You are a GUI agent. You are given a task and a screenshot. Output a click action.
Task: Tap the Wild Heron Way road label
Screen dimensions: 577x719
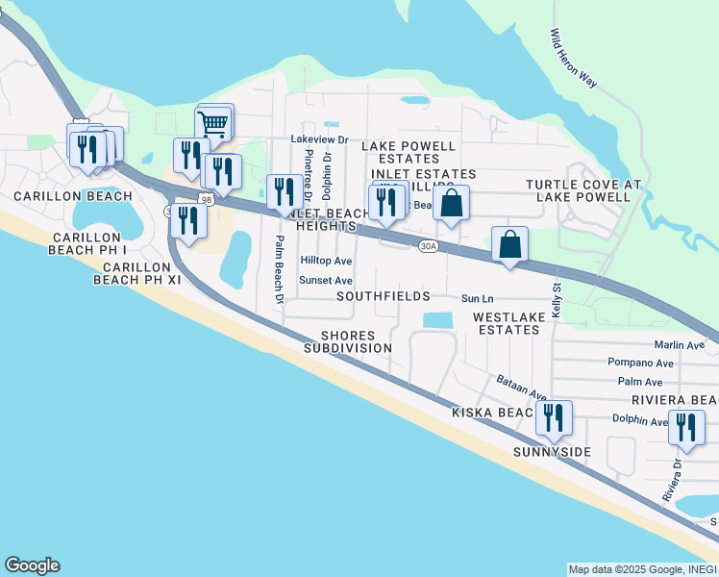tap(574, 58)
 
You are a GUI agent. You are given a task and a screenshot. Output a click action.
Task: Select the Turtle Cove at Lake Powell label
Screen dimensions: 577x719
tap(578, 190)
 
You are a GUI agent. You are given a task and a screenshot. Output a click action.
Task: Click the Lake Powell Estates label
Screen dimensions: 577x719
tap(409, 152)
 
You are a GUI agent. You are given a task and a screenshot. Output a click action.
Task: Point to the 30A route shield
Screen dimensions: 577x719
tap(429, 246)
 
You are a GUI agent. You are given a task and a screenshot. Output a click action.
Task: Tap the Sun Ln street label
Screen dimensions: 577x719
tap(477, 299)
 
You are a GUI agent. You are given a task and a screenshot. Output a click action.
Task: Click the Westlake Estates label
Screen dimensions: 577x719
tap(506, 322)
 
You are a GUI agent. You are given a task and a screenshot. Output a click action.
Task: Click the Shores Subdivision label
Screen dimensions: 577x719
tap(348, 341)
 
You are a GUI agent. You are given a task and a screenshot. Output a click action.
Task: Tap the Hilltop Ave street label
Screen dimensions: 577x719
tap(326, 261)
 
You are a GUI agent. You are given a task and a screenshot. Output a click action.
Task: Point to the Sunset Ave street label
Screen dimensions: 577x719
tap(326, 280)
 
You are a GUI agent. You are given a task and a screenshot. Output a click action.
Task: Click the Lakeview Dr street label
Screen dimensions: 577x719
tap(319, 139)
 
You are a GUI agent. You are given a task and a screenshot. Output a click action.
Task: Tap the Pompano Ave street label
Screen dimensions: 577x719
tap(640, 363)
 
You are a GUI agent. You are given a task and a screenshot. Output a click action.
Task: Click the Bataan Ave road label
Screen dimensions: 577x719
tap(522, 389)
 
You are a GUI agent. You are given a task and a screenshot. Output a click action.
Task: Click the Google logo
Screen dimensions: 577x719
tap(32, 565)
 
